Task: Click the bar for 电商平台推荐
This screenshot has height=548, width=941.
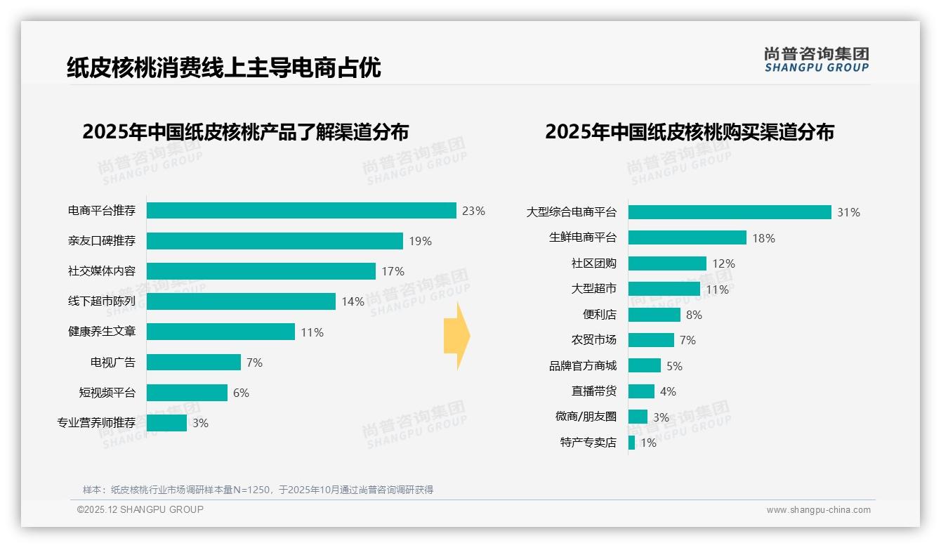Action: (x=301, y=211)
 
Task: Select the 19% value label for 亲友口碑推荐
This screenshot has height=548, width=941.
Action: (x=420, y=241)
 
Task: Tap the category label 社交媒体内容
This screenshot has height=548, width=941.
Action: (x=102, y=271)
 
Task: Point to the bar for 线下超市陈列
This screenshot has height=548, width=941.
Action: (x=241, y=301)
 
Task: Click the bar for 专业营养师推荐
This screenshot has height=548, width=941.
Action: (x=166, y=423)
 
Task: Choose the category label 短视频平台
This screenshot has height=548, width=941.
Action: (x=107, y=393)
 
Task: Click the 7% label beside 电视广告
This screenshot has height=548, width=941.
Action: (x=254, y=363)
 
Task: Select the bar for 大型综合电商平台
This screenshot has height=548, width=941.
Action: (x=730, y=212)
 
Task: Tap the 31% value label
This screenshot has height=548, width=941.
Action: (x=848, y=212)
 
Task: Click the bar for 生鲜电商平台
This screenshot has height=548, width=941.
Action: (x=687, y=237)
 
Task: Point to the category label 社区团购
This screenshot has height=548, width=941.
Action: (x=593, y=263)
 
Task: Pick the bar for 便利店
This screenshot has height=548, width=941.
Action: (x=654, y=315)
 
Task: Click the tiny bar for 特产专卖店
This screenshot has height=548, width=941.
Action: (x=631, y=443)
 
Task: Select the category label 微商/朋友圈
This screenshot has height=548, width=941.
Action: (x=586, y=417)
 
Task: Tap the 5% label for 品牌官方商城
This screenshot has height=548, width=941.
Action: (x=674, y=366)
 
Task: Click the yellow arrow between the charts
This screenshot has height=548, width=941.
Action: (x=456, y=337)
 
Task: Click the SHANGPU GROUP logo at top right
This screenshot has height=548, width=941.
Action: (x=816, y=59)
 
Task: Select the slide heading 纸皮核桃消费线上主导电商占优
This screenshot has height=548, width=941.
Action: (x=224, y=67)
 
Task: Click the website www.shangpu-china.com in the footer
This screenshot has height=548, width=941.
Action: (x=818, y=510)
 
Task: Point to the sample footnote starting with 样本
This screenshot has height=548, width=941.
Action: (x=258, y=490)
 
